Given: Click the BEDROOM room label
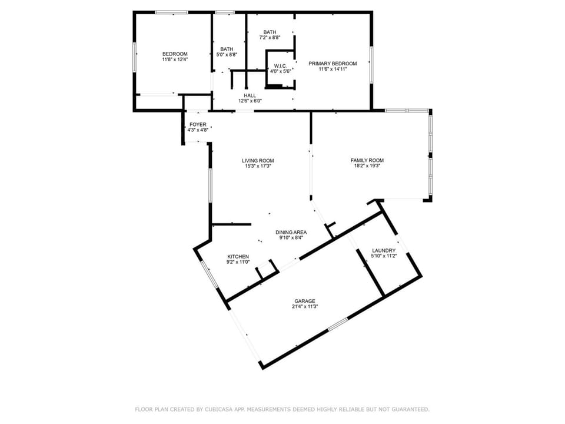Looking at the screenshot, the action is coord(175,54).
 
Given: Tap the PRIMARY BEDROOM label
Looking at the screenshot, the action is coord(333,64).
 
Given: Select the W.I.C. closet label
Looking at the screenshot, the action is coord(280,66).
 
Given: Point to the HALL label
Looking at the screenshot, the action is coord(250,95).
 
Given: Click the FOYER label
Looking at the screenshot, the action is coord(198,125).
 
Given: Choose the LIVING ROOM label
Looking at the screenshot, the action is coord(258,161).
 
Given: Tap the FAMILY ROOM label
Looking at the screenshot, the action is coord(367,160).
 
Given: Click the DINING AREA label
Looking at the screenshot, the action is coord(291,233).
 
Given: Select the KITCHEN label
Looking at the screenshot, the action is coord(238,257).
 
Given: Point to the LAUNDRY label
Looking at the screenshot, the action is coord(384,251).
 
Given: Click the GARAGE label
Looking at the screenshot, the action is coord(305,301).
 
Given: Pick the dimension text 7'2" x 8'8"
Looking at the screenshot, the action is coord(270,38).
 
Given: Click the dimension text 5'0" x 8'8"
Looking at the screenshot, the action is coord(227,55).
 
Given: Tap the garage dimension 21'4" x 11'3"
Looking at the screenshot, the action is coord(305,307).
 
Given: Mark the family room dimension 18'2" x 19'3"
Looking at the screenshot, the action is coord(367,166).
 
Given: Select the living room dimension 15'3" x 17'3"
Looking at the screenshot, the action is coord(258,167).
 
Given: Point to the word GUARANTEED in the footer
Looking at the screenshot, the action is coord(409,409).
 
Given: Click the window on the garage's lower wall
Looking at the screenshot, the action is coord(338,324).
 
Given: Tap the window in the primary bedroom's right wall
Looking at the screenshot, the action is coord(371,65).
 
